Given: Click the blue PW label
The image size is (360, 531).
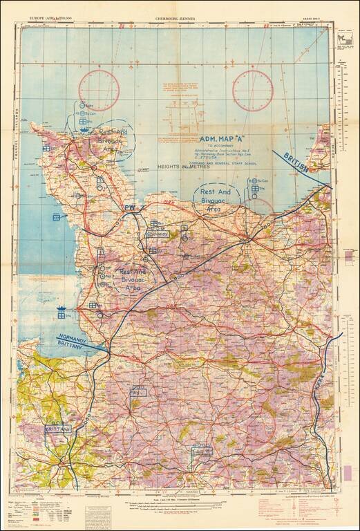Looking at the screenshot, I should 129,207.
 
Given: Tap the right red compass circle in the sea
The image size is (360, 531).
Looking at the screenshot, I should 253,90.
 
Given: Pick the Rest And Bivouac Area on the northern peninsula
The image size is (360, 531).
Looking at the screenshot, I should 108,139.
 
